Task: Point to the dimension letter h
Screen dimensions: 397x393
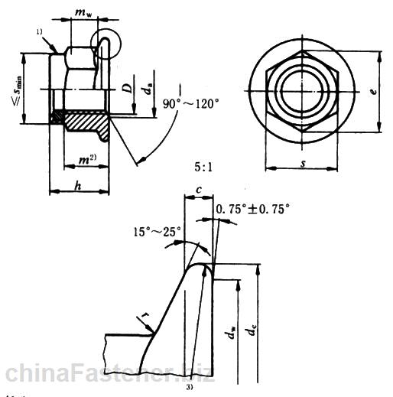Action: pyautogui.click(x=79, y=186)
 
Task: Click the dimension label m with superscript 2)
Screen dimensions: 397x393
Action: pyautogui.click(x=86, y=159)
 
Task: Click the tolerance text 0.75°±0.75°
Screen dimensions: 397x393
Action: pyautogui.click(x=255, y=208)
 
